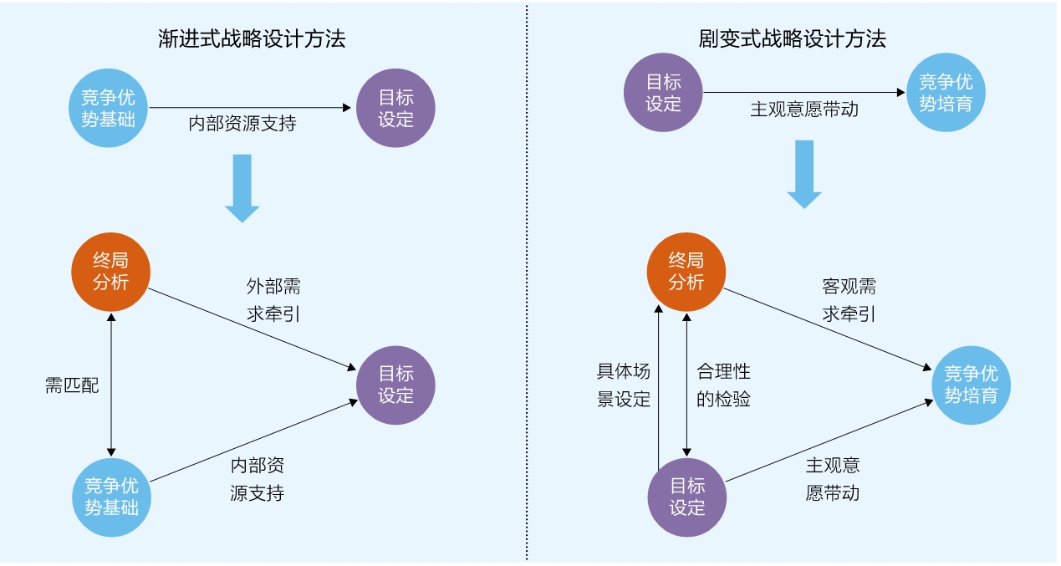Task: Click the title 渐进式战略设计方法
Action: point(252,38)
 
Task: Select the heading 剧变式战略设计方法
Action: point(793,38)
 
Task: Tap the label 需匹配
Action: point(72,385)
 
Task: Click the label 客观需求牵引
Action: point(849,301)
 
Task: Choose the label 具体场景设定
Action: point(624,385)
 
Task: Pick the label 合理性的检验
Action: point(724,385)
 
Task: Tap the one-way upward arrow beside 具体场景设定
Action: point(660,385)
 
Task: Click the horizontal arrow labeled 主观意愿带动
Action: point(805,92)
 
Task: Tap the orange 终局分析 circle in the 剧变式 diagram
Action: point(686,271)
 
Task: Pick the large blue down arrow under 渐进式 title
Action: point(242,187)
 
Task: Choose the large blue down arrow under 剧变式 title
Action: point(804,174)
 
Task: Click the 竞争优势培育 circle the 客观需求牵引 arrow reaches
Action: point(971,384)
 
